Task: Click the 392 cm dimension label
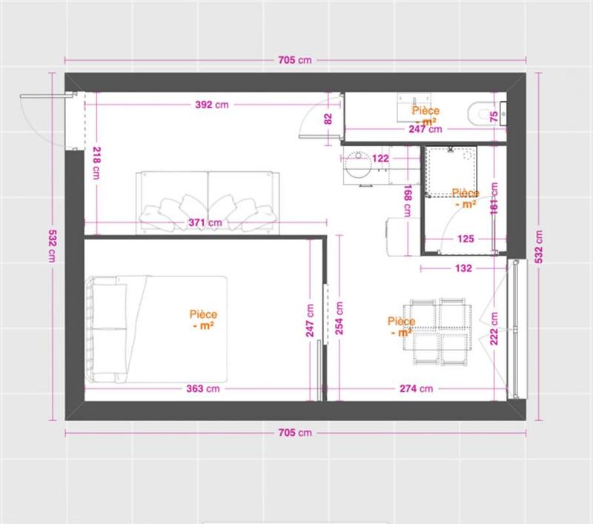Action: point(211,105)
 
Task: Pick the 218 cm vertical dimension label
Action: point(96,163)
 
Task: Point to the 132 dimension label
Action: point(463,269)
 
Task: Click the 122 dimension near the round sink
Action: point(381,158)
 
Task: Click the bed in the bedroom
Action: point(156,328)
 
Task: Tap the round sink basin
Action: point(360,165)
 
